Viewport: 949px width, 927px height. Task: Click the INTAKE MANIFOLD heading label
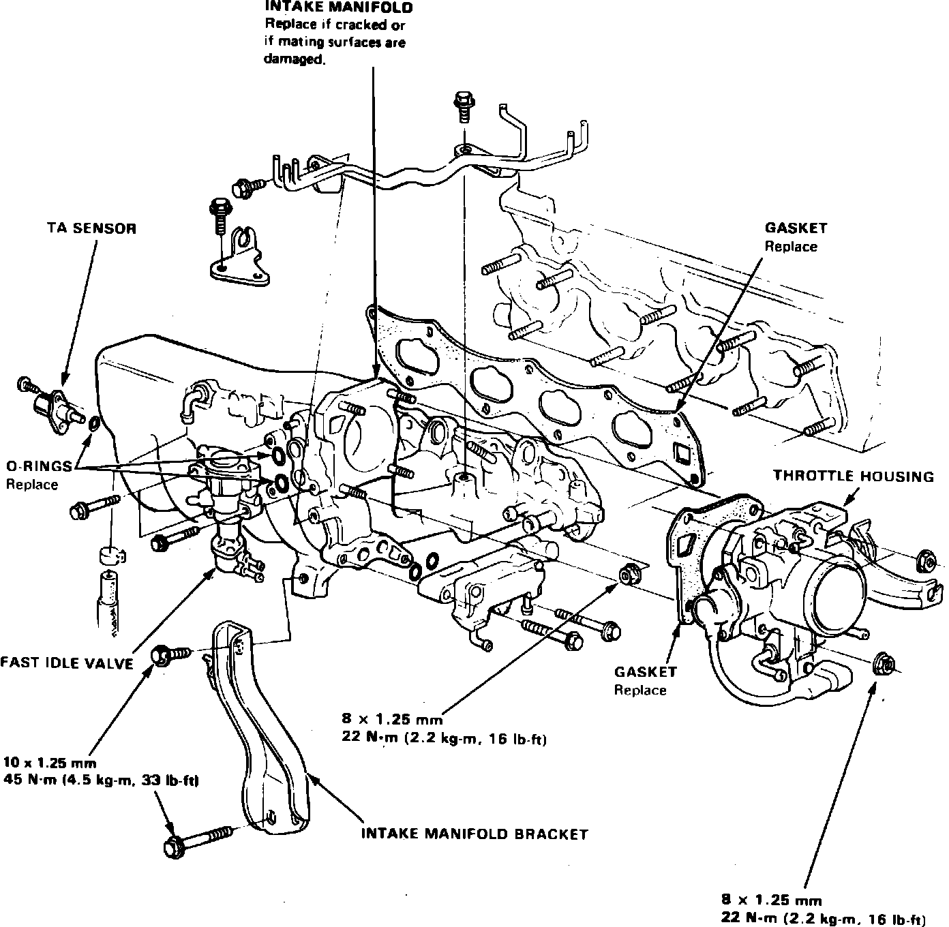pos(338,8)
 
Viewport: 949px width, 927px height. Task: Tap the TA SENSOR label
pos(87,228)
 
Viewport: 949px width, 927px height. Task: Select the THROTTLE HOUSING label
pos(853,476)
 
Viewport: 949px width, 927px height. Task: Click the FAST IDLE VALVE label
pos(66,663)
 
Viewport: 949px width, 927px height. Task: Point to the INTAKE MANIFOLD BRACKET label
pos(474,834)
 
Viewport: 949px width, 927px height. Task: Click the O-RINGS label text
pos(39,467)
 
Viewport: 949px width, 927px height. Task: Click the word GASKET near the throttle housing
pos(646,672)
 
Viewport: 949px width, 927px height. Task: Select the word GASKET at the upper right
pos(796,228)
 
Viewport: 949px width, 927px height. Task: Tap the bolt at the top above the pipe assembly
pos(464,104)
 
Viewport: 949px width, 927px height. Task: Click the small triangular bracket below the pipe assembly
pos(239,262)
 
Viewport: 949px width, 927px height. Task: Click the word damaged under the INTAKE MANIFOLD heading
pos(292,59)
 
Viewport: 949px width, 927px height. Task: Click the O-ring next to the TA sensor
pos(94,425)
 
